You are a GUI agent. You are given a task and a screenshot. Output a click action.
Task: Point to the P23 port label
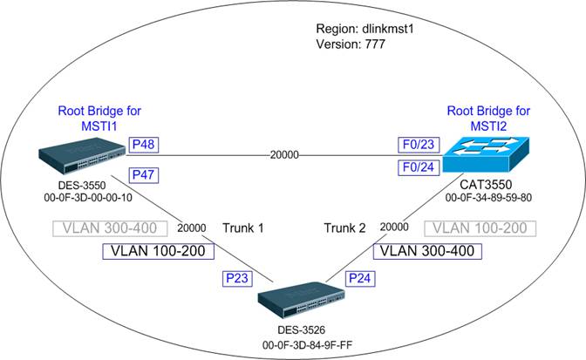236,278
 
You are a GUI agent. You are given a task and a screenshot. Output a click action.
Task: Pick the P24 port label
360,278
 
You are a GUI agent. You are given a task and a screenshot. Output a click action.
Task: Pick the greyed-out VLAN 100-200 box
480,229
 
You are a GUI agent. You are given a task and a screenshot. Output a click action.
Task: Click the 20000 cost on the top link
284,155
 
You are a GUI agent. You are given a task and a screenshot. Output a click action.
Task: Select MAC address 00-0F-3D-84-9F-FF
301,344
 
